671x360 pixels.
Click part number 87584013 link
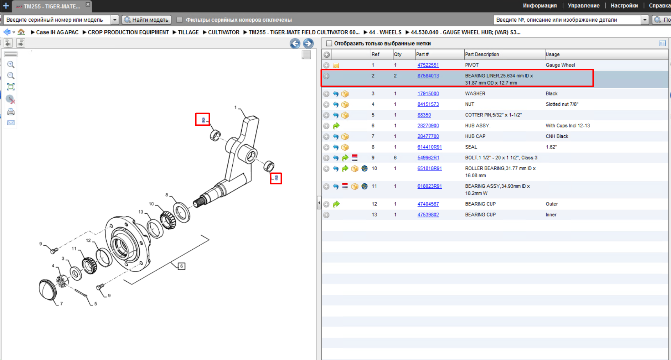tap(428, 76)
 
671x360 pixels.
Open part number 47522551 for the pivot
tap(428, 65)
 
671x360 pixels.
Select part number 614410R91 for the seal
tap(429, 147)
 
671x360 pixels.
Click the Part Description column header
tap(482, 54)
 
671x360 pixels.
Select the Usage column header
tap(552, 54)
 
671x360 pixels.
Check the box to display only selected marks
tap(329, 43)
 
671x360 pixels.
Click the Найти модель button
tap(146, 20)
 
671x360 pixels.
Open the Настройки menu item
tap(624, 6)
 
